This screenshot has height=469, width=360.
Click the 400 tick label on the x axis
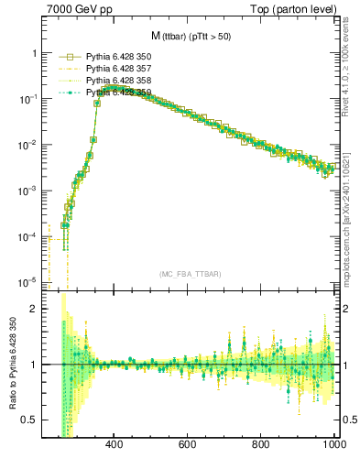coord(115,445)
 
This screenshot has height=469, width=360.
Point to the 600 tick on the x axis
coord(188,445)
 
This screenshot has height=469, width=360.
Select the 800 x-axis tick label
coord(261,445)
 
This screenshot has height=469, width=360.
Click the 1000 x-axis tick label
coord(333,445)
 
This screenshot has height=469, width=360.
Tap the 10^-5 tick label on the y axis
coord(26,281)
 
